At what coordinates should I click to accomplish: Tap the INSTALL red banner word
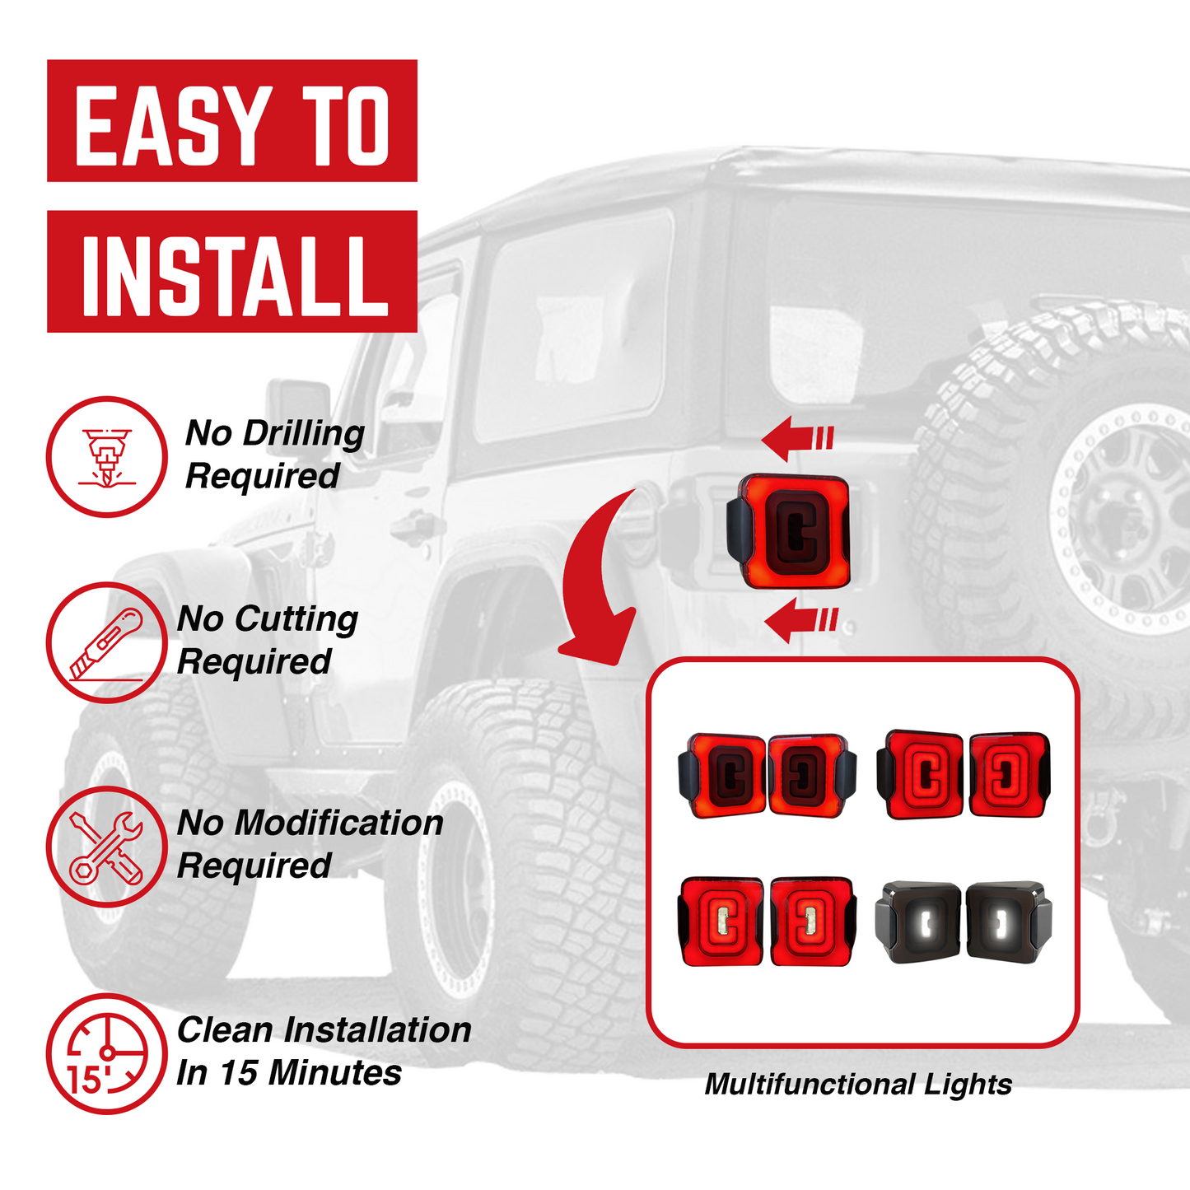pos(234,275)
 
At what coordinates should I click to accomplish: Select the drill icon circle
pos(106,457)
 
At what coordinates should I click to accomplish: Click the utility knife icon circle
pos(106,642)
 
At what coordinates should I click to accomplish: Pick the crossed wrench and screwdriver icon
pos(106,847)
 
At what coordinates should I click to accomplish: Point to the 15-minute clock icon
pos(106,1054)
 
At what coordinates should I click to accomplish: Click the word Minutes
pos(335,1072)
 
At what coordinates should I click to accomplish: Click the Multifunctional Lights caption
pos(858,1084)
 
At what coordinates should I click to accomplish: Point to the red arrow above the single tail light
pos(796,437)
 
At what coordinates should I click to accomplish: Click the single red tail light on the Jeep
pos(788,531)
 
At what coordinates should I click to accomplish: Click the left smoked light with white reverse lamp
pos(919,921)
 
